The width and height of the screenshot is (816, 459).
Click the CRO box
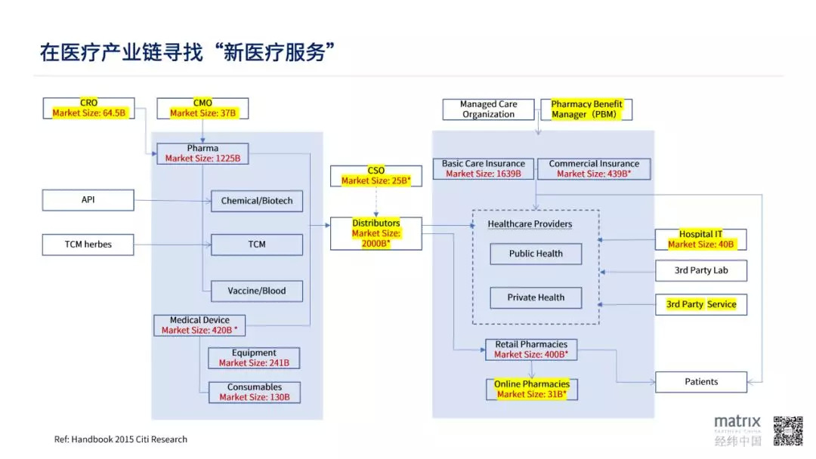pyautogui.click(x=88, y=108)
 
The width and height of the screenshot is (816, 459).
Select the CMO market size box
pyautogui.click(x=202, y=108)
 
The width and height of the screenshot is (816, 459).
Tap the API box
pyautogui.click(x=88, y=200)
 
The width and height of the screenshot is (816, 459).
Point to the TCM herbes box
pyautogui.click(x=88, y=245)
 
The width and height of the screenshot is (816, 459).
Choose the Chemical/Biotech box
pyautogui.click(x=256, y=201)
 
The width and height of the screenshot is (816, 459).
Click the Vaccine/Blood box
pyautogui.click(x=256, y=291)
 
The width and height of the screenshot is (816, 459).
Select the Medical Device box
pyautogui.click(x=199, y=325)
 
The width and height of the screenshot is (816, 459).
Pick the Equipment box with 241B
pyautogui.click(x=254, y=358)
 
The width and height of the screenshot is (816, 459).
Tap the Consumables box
pyautogui.click(x=254, y=392)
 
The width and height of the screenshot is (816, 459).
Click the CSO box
pyautogui.click(x=376, y=176)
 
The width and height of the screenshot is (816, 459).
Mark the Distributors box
pyautogui.click(x=376, y=233)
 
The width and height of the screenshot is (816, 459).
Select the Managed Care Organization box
pyautogui.click(x=488, y=109)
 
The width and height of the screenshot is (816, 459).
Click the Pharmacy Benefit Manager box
pyautogui.click(x=586, y=109)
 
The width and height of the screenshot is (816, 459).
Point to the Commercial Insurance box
pyautogui.click(x=593, y=168)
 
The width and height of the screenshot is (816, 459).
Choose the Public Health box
pyautogui.click(x=536, y=254)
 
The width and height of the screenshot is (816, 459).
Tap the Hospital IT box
pyautogui.click(x=700, y=239)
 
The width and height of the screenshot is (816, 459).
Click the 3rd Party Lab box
pyautogui.click(x=700, y=270)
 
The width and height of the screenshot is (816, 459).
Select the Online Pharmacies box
pyautogui.click(x=531, y=389)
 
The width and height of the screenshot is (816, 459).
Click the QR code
pyautogui.click(x=787, y=430)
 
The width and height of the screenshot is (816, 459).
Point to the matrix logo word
pyautogui.click(x=737, y=422)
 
